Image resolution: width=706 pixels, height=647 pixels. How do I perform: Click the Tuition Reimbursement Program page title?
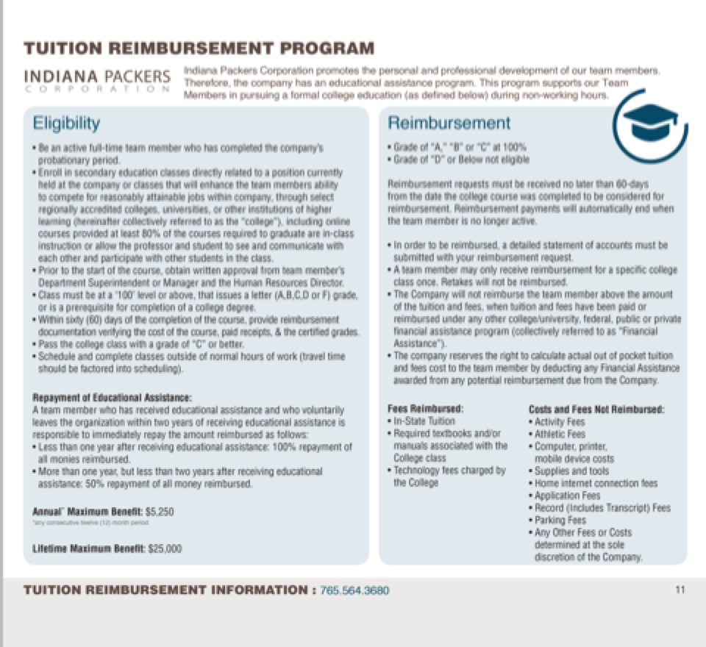[x=199, y=49]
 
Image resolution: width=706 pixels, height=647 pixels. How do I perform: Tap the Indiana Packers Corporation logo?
[x=97, y=80]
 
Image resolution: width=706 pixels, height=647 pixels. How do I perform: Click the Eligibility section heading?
[x=66, y=122]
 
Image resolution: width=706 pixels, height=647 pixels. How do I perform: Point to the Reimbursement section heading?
[x=449, y=123]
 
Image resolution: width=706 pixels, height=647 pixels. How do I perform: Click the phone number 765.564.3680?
[x=355, y=590]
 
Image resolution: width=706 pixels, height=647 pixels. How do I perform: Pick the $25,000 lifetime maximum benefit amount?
[x=165, y=548]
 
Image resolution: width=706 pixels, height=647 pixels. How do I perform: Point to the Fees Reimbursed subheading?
[x=426, y=409]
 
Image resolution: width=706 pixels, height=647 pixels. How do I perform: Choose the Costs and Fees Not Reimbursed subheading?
[x=596, y=409]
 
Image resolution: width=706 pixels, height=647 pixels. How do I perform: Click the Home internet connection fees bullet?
[x=596, y=483]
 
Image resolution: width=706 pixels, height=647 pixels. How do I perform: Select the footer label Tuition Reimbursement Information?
[x=166, y=590]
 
